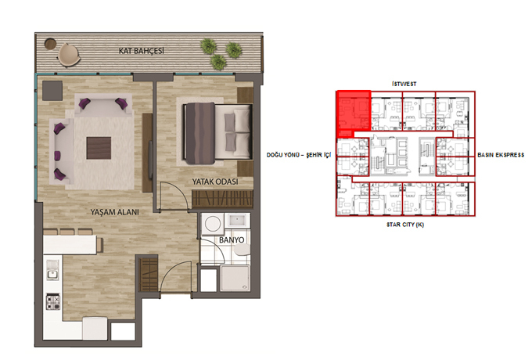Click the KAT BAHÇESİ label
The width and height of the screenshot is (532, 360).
141,51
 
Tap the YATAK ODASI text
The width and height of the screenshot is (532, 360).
215,182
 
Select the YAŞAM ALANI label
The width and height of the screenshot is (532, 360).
114,212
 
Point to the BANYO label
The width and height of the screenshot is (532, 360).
232,240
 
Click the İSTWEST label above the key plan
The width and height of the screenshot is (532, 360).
404,84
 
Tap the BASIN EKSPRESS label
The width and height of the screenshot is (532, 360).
501,155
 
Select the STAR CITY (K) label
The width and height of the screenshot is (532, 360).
405,225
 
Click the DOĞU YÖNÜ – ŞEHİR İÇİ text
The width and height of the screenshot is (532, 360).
299,155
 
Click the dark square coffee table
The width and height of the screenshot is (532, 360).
99,148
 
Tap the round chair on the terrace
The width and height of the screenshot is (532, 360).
69,54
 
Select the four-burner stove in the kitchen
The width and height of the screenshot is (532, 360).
53,301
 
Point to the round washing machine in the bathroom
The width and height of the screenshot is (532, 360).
213,224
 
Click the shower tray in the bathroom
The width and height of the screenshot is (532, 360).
235,279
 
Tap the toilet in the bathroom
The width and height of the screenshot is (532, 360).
242,250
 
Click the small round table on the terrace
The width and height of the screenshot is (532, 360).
50,43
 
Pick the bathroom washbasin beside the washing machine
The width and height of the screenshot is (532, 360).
237,221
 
